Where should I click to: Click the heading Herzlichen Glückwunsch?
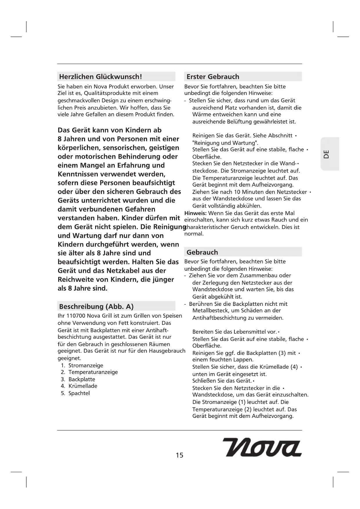click(100, 77)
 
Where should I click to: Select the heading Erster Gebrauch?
click(213, 77)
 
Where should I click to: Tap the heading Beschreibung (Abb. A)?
click(96, 306)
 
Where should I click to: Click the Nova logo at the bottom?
click(262, 447)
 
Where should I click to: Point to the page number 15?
click(180, 455)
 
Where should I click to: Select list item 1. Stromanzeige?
click(82, 365)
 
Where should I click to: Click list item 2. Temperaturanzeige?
click(89, 372)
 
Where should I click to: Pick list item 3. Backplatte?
click(78, 379)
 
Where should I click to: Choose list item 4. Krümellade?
click(79, 386)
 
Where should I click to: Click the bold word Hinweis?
click(196, 213)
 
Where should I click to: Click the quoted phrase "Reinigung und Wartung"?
click(225, 143)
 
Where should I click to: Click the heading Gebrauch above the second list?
click(202, 252)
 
